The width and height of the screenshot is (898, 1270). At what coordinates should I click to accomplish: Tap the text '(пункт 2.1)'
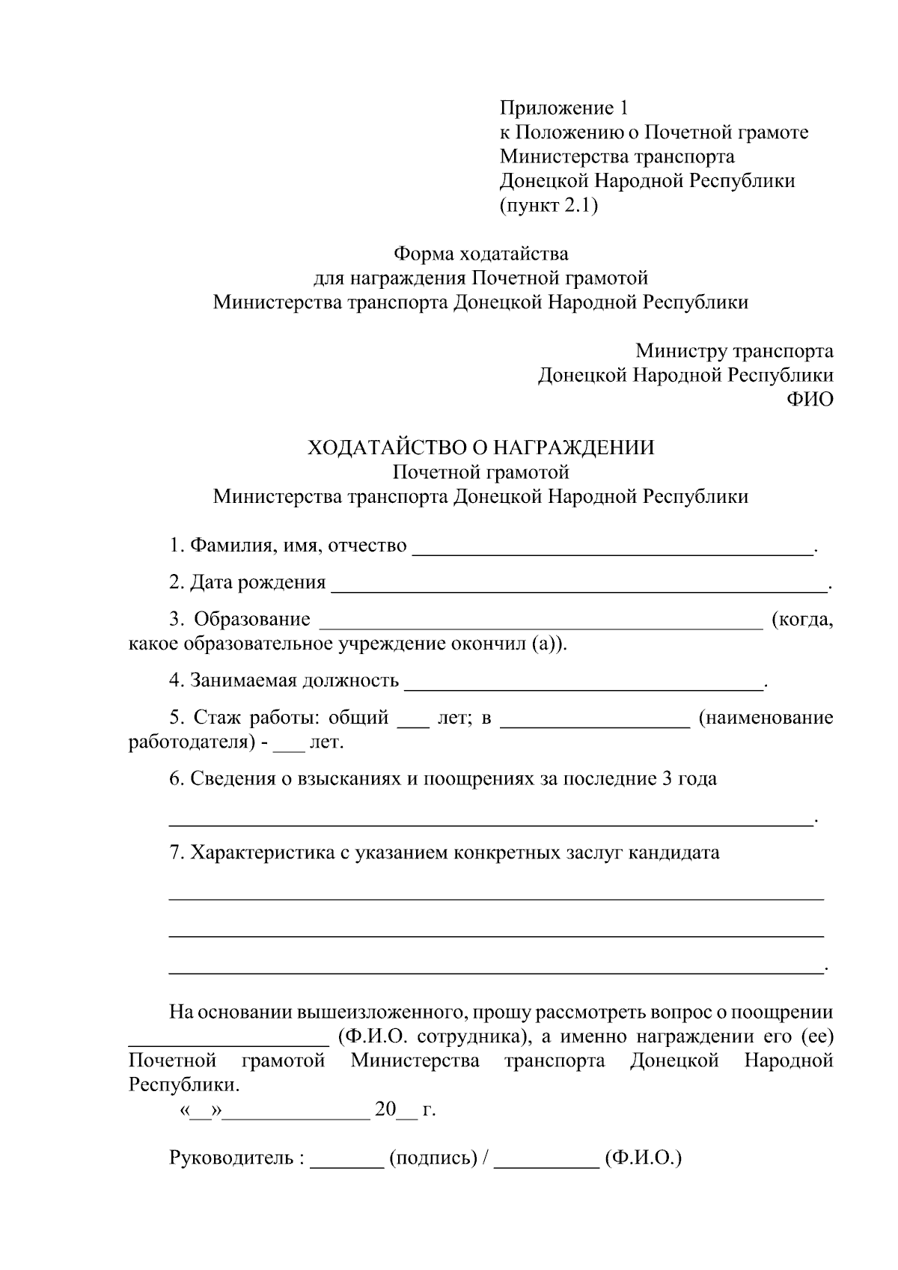tap(549, 205)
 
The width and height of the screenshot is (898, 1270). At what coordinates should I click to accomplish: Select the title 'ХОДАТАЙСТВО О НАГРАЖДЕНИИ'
tap(481, 448)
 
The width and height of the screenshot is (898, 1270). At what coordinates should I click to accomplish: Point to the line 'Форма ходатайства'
tap(481, 254)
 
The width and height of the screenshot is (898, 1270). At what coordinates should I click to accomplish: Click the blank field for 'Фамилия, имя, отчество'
tap(613, 552)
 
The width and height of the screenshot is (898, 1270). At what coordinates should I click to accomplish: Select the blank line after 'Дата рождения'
tap(579, 589)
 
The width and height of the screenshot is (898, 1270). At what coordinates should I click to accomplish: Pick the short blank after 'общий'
tap(412, 724)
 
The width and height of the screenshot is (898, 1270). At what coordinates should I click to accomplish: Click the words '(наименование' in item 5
tap(766, 718)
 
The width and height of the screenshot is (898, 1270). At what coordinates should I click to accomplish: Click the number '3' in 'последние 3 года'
tap(667, 778)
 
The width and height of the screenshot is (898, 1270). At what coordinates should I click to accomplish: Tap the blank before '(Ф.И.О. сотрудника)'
tap(228, 1043)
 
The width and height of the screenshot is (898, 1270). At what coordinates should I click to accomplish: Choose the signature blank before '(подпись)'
tap(346, 1164)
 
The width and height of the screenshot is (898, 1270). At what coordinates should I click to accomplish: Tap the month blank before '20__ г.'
tap(296, 1117)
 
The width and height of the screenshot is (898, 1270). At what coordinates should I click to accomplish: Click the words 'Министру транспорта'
tap(734, 350)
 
